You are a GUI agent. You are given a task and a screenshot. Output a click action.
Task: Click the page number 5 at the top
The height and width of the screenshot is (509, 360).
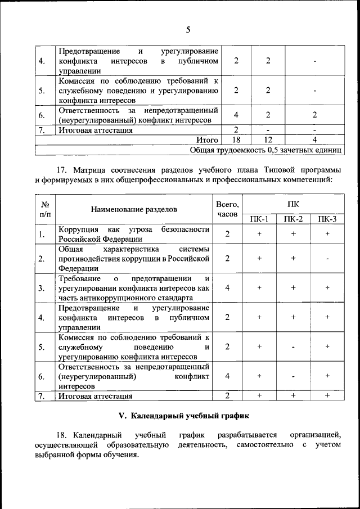pos(188,30)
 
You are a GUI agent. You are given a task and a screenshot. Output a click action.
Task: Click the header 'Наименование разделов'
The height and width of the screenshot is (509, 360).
pos(134,209)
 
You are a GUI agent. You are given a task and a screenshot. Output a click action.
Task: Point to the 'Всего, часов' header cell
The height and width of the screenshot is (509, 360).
pos(227,209)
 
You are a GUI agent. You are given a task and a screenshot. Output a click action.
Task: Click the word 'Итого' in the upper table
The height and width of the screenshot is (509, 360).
pos(207,139)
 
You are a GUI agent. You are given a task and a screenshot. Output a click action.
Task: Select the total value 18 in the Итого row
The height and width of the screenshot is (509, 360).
pos(236,139)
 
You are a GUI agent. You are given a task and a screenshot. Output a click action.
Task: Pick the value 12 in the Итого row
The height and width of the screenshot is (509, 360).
pos(268,139)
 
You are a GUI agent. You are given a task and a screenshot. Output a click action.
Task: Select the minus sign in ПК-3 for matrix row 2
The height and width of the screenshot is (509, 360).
pos(327,259)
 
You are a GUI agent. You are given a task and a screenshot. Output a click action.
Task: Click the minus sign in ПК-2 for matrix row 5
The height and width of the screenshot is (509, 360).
pos(293,346)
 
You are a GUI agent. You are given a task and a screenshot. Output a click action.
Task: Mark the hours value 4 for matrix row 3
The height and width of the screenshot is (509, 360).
pos(227,288)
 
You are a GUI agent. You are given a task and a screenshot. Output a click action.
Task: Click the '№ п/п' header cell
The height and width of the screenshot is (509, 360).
pos(45,209)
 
